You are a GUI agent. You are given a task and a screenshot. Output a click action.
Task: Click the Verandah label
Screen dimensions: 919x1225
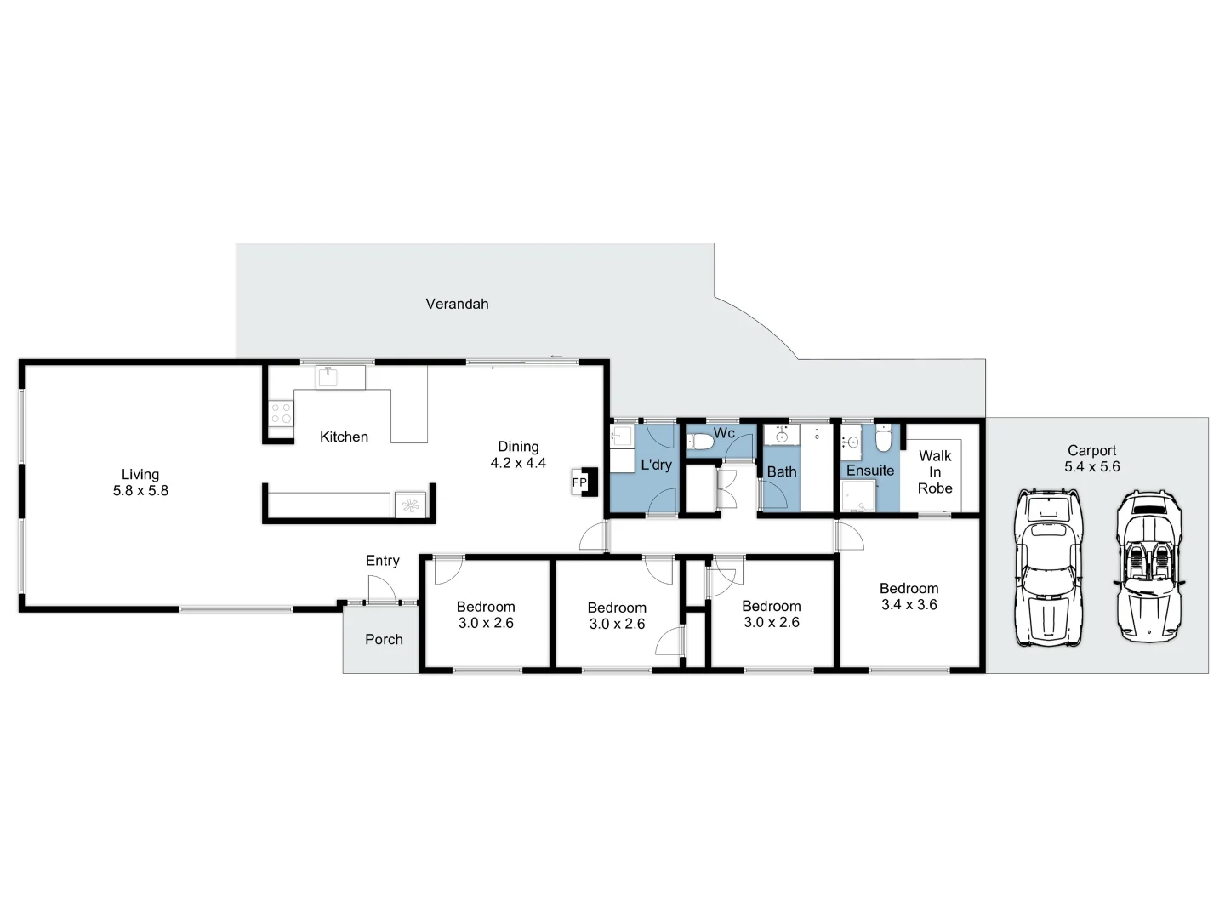pyautogui.click(x=457, y=304)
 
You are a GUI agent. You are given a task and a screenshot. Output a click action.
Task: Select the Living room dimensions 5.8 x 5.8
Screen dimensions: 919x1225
pyautogui.click(x=140, y=491)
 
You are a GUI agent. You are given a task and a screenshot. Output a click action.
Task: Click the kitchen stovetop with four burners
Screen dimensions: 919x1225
pyautogui.click(x=281, y=414)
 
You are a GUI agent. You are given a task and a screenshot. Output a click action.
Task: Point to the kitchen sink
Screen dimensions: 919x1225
pyautogui.click(x=329, y=376)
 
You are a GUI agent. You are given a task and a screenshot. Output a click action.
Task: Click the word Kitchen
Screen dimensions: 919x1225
pyautogui.click(x=344, y=437)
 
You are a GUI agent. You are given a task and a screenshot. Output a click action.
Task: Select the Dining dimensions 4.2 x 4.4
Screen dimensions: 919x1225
pyautogui.click(x=518, y=463)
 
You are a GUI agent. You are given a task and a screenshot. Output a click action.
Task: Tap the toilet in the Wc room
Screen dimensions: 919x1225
pyautogui.click(x=700, y=441)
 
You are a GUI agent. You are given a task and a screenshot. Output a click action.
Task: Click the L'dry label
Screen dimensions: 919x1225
pyautogui.click(x=656, y=465)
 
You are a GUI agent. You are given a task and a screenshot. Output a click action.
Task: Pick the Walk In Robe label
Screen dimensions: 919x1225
pyautogui.click(x=935, y=472)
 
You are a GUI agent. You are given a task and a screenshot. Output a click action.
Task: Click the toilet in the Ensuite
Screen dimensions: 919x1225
pyautogui.click(x=884, y=439)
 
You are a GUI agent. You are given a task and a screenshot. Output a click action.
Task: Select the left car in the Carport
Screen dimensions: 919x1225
pyautogui.click(x=1048, y=568)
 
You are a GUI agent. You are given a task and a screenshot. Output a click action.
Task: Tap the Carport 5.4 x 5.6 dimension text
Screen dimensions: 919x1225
pyautogui.click(x=1091, y=466)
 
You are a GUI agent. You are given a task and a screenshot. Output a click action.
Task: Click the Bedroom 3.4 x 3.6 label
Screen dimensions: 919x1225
pyautogui.click(x=909, y=596)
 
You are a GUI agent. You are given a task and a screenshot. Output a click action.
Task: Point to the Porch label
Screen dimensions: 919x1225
pyautogui.click(x=384, y=639)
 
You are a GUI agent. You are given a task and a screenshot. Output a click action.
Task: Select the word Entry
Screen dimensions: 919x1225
pyautogui.click(x=382, y=561)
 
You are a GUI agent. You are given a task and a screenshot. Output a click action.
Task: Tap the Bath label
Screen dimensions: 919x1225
pyautogui.click(x=782, y=471)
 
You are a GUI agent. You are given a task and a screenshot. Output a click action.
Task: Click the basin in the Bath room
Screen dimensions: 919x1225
pyautogui.click(x=781, y=437)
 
